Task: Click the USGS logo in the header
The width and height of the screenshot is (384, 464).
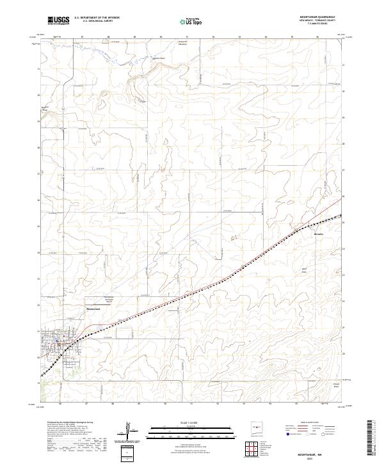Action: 58,20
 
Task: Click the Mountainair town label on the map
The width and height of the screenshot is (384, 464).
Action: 95,310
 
